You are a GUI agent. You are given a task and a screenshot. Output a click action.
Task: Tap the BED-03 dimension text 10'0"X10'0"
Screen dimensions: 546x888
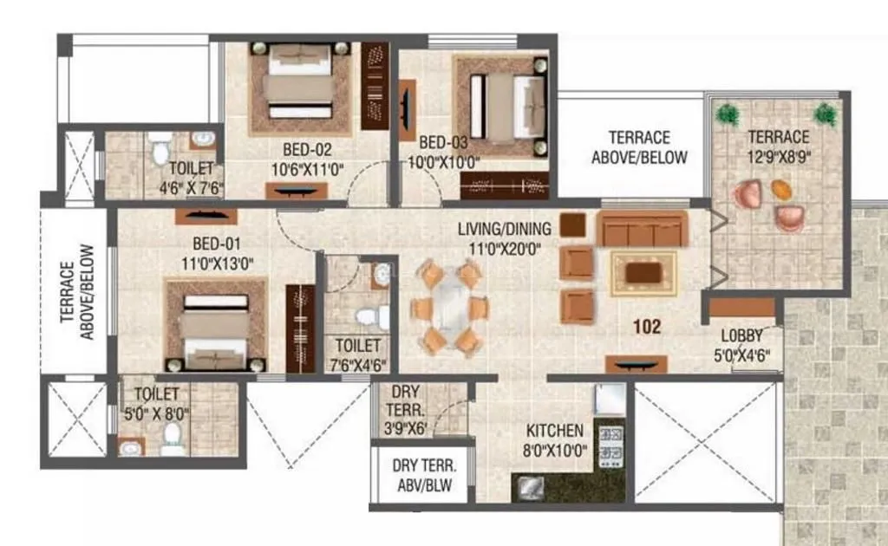445,162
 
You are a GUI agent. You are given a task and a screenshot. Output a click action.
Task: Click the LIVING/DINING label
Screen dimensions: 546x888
506,230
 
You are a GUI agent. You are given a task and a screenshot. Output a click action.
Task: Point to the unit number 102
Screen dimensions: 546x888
647,327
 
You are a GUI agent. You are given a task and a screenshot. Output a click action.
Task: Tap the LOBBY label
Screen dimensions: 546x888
744,337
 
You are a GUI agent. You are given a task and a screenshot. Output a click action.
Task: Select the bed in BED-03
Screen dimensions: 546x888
504,103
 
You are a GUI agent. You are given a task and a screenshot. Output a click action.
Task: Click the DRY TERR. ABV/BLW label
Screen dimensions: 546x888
424,475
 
